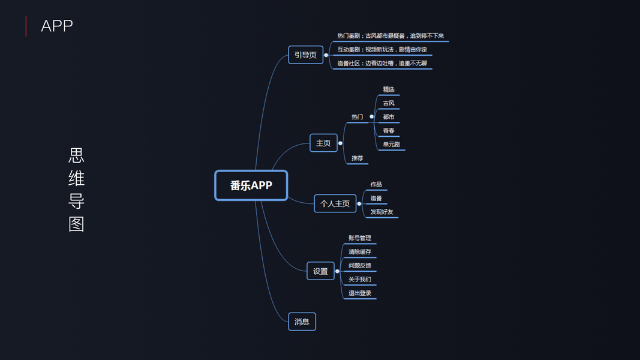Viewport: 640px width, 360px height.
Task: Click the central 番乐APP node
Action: coord(251,185)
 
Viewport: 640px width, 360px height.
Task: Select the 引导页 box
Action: coord(305,55)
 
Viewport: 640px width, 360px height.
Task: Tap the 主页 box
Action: coord(323,143)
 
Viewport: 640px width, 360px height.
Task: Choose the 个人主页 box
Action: coord(335,203)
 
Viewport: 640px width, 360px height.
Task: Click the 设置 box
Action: coord(320,271)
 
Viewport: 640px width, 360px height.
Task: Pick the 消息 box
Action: coord(302,322)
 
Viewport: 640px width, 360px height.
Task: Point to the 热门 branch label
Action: coord(357,116)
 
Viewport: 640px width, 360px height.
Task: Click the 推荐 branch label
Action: coord(357,158)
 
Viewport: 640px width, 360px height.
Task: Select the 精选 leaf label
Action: coord(389,89)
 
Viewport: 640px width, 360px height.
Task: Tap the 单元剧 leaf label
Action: coord(391,144)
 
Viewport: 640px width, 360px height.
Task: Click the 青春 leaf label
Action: coord(389,131)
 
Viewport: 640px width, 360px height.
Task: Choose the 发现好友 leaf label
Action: coord(381,212)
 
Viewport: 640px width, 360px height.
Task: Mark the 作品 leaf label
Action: coord(376,184)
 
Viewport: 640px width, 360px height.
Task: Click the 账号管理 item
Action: coord(360,238)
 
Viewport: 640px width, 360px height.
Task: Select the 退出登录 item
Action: coord(360,293)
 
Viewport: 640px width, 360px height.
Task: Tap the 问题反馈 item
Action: coord(360,266)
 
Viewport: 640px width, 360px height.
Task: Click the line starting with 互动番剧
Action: coord(382,49)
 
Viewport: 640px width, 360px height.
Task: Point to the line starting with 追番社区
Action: coord(382,63)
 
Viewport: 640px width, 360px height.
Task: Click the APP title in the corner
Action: coord(57,26)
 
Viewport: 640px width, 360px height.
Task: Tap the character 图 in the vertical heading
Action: coord(76,224)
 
